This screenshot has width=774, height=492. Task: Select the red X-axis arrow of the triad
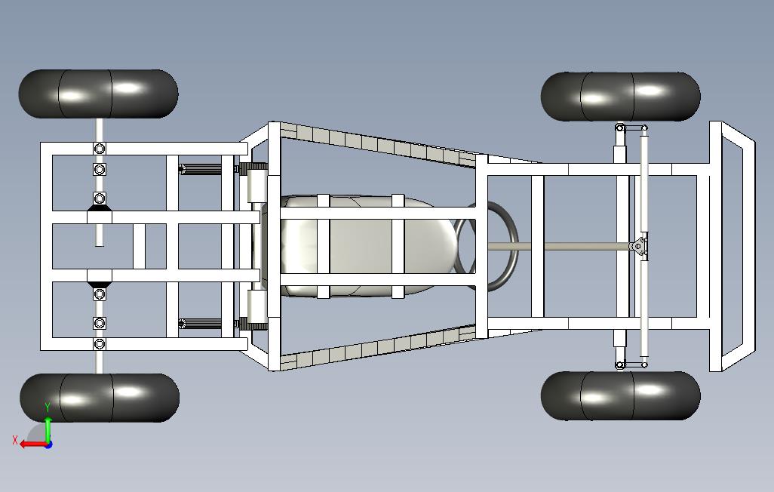[30, 444]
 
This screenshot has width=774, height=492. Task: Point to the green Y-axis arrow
[48, 429]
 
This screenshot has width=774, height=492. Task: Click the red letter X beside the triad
[14, 440]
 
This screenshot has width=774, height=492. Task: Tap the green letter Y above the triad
[48, 408]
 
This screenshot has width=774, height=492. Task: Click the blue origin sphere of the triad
[48, 444]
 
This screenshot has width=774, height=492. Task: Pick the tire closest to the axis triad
[100, 398]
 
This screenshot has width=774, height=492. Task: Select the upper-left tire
[98, 94]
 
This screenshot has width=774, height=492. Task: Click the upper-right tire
[620, 97]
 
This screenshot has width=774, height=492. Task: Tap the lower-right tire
[620, 395]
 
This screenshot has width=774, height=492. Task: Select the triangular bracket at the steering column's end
[639, 247]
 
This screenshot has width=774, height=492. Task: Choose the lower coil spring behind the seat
[202, 324]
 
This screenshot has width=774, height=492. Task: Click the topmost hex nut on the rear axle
[100, 148]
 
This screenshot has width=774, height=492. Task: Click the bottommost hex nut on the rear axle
[100, 344]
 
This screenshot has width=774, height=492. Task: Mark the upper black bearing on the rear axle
[100, 199]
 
